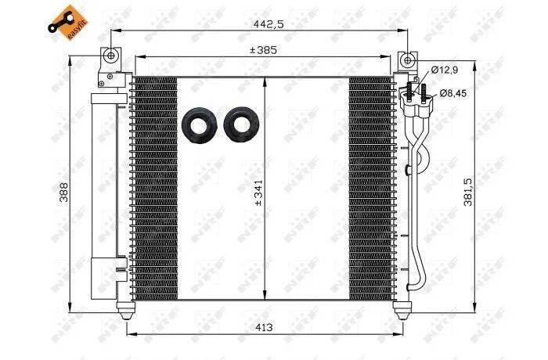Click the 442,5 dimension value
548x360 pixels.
269,24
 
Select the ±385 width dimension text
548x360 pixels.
263,50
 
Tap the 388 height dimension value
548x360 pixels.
64,192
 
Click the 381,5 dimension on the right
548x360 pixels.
468,192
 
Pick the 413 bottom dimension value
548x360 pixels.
264,327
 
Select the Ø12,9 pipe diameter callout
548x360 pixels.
444,70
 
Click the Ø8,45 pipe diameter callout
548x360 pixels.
453,93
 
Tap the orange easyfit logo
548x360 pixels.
68,23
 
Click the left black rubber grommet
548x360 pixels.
199,124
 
